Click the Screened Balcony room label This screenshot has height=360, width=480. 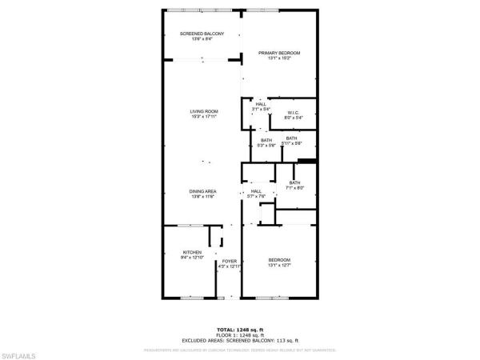click(202, 34)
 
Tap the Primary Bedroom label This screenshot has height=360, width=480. click(279, 53)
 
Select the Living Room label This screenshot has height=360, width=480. click(204, 111)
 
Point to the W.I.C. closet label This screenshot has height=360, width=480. click(294, 113)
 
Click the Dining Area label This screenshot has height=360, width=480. click(203, 191)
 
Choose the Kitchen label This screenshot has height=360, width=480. click(193, 252)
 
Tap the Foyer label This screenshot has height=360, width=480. click(230, 261)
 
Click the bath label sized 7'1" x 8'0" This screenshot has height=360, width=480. click(295, 182)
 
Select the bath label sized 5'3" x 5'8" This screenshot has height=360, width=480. click(266, 140)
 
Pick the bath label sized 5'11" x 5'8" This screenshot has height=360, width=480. click(292, 138)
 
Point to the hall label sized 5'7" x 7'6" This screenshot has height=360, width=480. click(256, 191)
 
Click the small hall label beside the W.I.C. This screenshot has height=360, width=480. click(261, 104)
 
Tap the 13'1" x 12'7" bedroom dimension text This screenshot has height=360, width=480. click(279, 266)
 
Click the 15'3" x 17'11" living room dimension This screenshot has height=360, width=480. click(204, 117)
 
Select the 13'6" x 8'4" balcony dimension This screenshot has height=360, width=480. click(202, 39)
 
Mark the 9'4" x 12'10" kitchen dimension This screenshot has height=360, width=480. click(193, 258)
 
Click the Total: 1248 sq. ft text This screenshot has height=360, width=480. click(239, 330)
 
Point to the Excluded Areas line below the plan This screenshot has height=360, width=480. click(239, 339)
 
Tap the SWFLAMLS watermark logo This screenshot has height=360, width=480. click(22, 350)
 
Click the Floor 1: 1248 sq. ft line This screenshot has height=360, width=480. click(239, 334)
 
